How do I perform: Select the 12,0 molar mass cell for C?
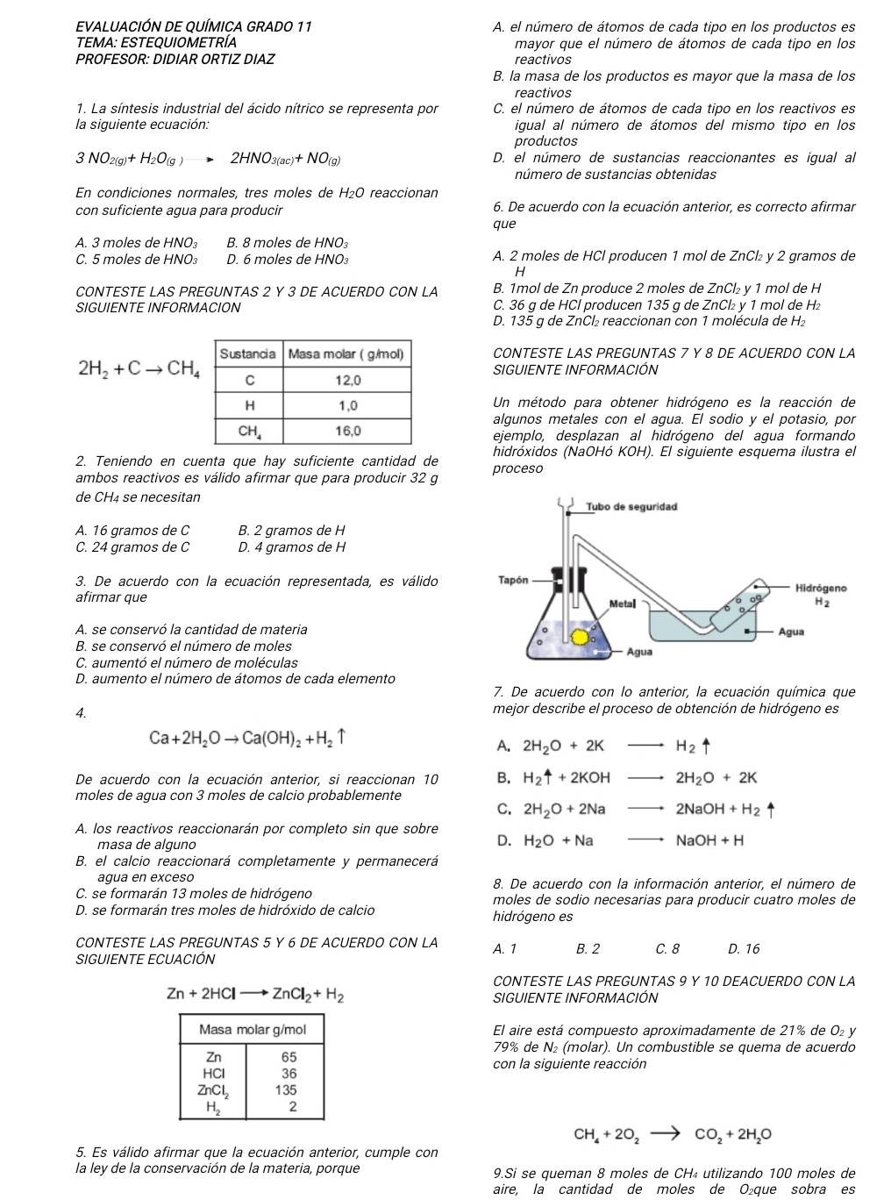pos(346,380)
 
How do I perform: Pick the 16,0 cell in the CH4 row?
pos(346,431)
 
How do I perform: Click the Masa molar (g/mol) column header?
pos(346,354)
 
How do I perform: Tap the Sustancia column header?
pos(247,354)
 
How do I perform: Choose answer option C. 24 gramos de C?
pos(132,547)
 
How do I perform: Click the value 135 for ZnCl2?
pos(286,1090)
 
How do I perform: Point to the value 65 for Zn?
pos(289,1056)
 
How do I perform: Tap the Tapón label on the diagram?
pos(513,581)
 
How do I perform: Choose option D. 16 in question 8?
pos(744,948)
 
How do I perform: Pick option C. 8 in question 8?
pos(667,948)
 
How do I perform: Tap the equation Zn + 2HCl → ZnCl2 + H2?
pos(255,995)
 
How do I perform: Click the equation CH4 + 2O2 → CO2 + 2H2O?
pos(673,1134)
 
